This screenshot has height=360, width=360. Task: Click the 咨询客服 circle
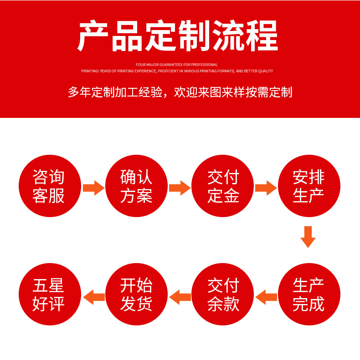pyautogui.click(x=49, y=186)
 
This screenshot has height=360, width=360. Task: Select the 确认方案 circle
pyautogui.click(x=136, y=186)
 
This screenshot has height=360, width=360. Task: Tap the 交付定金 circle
pyautogui.click(x=223, y=186)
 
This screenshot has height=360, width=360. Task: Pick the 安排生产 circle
pyautogui.click(x=309, y=186)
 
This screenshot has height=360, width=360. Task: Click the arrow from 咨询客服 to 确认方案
pyautogui.click(x=93, y=188)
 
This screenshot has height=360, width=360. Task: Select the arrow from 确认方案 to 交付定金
pyautogui.click(x=180, y=188)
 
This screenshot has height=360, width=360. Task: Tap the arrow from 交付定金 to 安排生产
pyautogui.click(x=266, y=188)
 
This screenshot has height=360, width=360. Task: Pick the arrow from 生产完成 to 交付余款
pyautogui.click(x=266, y=297)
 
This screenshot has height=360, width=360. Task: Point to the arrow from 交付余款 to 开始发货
pyautogui.click(x=180, y=297)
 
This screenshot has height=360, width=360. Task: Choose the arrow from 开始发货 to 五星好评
pyautogui.click(x=93, y=297)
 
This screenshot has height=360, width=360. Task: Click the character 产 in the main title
pyautogui.click(x=93, y=36)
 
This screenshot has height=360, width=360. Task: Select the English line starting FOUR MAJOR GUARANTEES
pyautogui.click(x=177, y=65)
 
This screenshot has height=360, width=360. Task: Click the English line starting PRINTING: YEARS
pyautogui.click(x=177, y=71)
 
